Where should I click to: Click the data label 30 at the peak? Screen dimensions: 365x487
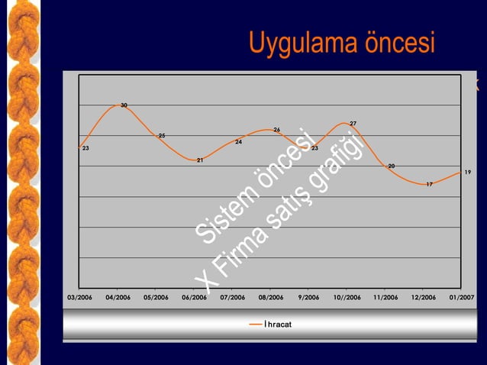(124, 105)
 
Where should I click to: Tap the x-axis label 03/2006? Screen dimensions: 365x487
(81, 298)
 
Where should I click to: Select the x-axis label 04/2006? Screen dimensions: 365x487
(118, 298)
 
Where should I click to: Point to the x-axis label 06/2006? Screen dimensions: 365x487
(195, 298)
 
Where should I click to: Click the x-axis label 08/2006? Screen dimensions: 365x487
(271, 298)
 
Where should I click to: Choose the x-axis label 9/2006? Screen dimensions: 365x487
(309, 298)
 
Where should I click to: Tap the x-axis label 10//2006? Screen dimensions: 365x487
(347, 298)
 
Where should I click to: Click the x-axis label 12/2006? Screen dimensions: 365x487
(424, 298)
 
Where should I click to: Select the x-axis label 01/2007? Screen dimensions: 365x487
(461, 298)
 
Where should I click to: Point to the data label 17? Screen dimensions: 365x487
(430, 184)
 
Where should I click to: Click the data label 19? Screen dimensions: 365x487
(468, 172)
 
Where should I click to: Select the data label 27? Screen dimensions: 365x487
(353, 123)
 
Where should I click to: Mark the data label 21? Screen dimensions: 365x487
(200, 160)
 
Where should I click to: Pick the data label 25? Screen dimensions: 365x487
(162, 135)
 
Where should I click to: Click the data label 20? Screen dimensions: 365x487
(391, 166)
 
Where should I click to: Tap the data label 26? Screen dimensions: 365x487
(276, 129)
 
